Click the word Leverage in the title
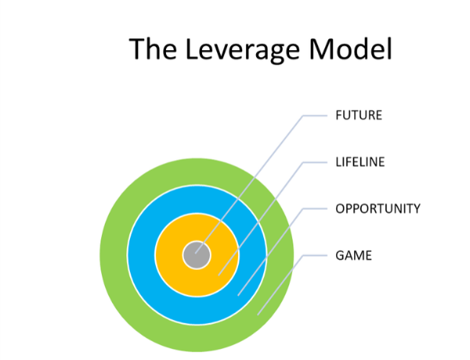(243, 49)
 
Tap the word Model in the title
(350, 49)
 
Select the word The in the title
(153, 49)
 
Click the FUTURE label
(359, 115)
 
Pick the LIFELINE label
(360, 162)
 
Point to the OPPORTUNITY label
(378, 209)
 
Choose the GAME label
(353, 255)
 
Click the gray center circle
(197, 255)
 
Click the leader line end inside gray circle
(195, 254)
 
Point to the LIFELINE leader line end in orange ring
(219, 275)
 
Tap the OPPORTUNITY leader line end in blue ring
(238, 296)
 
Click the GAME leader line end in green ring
(258, 315)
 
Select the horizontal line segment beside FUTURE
(315, 115)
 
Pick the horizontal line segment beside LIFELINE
(315, 162)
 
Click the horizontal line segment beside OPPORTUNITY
(315, 209)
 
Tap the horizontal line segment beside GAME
(315, 255)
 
